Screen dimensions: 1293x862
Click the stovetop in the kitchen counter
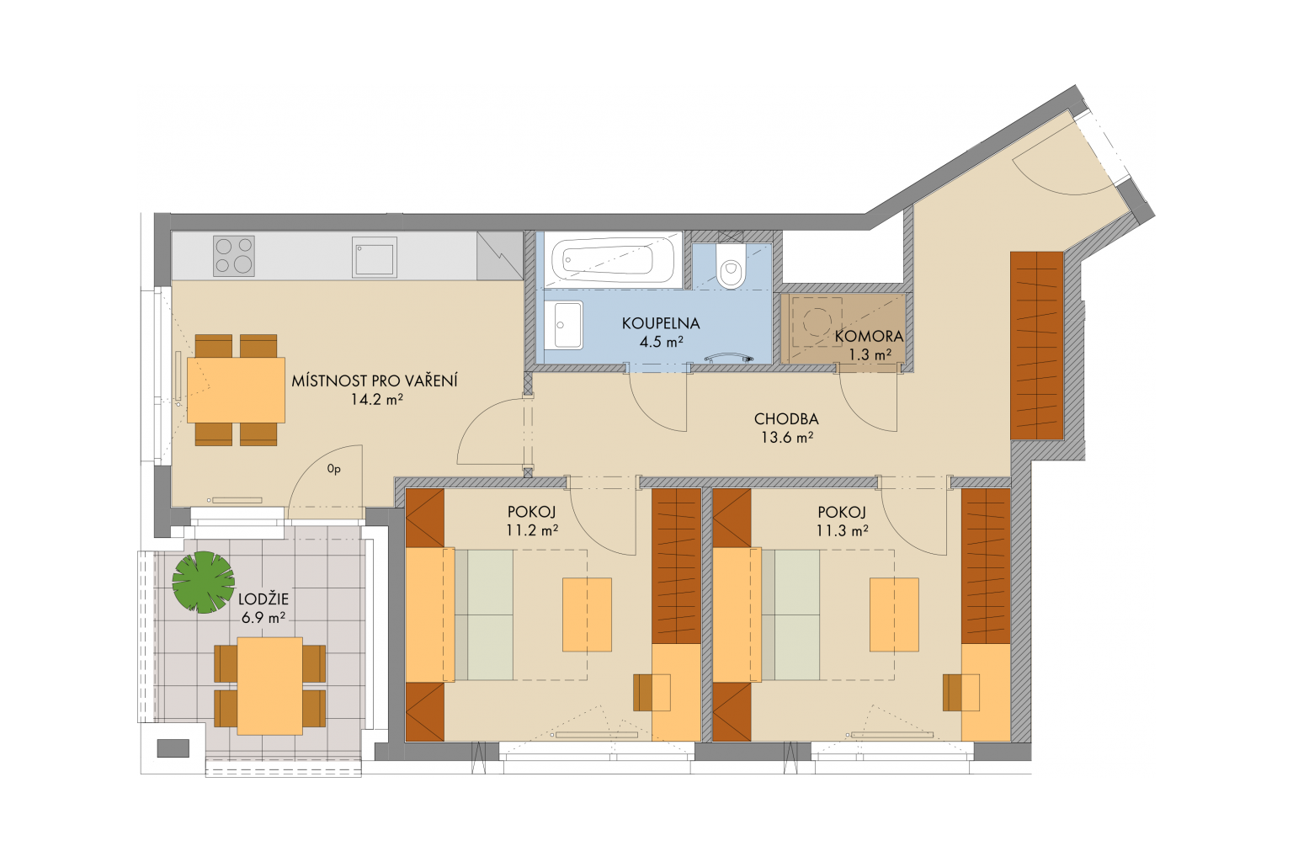[x=233, y=256]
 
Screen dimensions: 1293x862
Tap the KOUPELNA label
[x=661, y=323]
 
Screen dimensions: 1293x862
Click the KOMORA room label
[x=869, y=335]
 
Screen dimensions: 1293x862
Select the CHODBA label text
[x=786, y=419]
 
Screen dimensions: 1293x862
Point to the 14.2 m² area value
[x=376, y=399]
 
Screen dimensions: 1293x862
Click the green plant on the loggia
[x=203, y=582]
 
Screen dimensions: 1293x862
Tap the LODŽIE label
[x=263, y=599]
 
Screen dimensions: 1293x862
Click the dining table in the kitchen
[x=236, y=390]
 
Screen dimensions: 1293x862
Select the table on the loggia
[x=269, y=686]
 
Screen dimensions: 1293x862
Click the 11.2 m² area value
[x=532, y=530]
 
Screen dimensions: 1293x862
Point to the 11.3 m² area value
[x=842, y=530]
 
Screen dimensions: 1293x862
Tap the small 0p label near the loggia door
[x=333, y=469]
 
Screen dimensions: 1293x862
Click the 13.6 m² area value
[x=787, y=438]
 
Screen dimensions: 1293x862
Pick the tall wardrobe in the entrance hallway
[x=1037, y=346]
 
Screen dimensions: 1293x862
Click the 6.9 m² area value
[x=263, y=617]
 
